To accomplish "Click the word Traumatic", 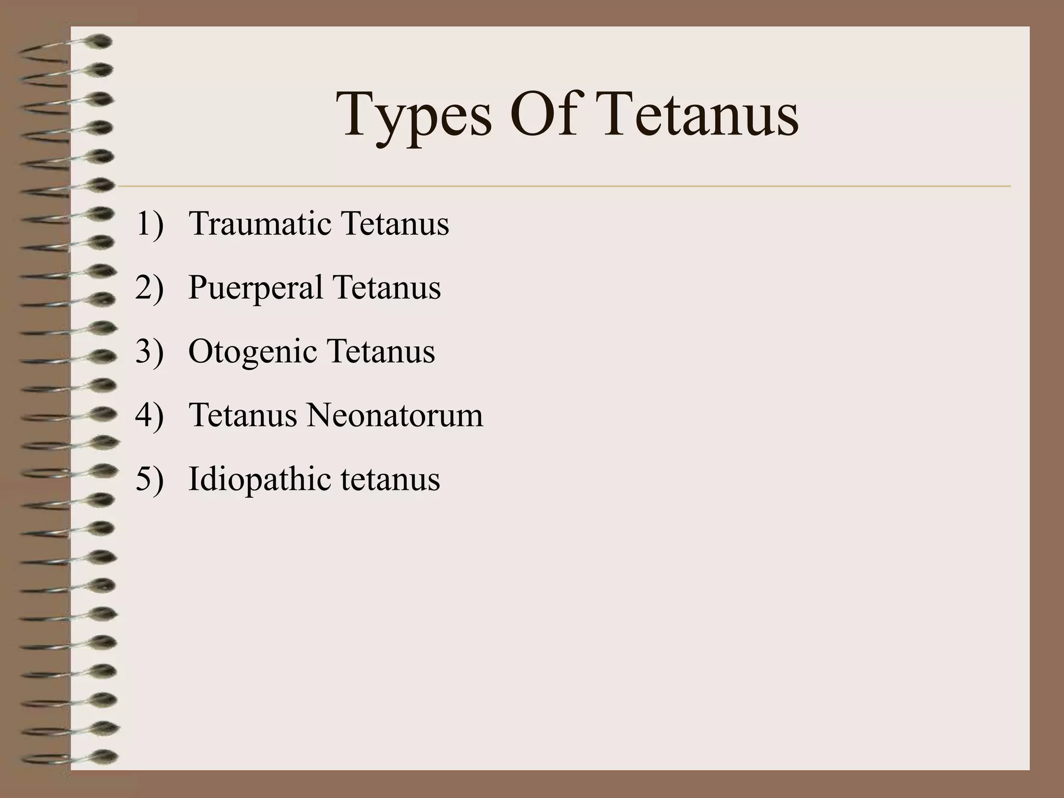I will tap(260, 224).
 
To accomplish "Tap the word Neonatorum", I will tap(394, 416).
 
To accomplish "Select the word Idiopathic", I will tap(258, 480).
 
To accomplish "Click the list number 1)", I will tap(150, 224).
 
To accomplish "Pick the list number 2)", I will tap(150, 288).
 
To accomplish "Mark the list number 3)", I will tap(150, 352).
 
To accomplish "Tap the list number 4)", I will tap(150, 416).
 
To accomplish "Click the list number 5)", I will tap(150, 480).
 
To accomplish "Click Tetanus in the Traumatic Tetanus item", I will tap(394, 224).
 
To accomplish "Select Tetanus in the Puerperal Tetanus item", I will tap(387, 288).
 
